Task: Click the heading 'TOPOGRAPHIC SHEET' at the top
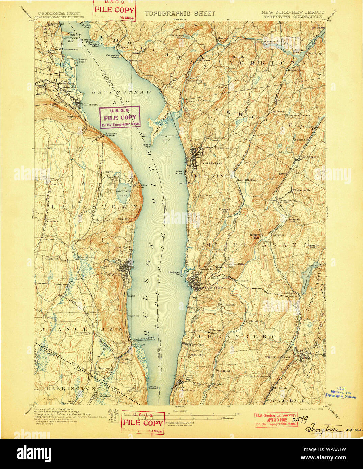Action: pos(180,13)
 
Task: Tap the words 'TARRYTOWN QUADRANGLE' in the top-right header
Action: pos(293,16)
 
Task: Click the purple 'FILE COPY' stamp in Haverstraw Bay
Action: pos(120,117)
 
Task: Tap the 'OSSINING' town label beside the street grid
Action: pos(212,163)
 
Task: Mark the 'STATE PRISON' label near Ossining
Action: pos(179,173)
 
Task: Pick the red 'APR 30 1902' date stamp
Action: pos(276,420)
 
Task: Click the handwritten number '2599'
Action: pos(300,419)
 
